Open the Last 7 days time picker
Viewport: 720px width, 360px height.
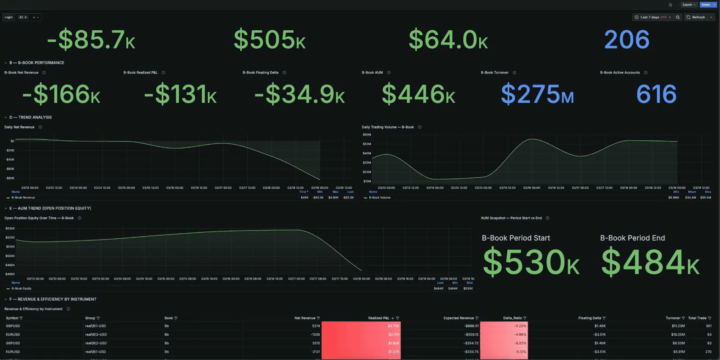[652, 17]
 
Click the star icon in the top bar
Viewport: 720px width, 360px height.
[670, 5]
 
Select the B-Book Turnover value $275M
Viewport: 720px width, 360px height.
[537, 94]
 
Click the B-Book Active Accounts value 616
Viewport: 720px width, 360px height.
[656, 94]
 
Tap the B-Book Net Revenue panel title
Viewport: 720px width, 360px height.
[21, 73]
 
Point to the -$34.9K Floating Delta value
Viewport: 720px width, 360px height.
[299, 94]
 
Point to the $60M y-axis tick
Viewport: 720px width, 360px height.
[367, 135]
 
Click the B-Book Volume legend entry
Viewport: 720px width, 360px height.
[379, 198]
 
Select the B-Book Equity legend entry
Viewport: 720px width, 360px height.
[21, 288]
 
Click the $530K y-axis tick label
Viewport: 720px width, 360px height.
[10, 228]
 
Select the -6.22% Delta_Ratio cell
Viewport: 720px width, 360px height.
[518, 343]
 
